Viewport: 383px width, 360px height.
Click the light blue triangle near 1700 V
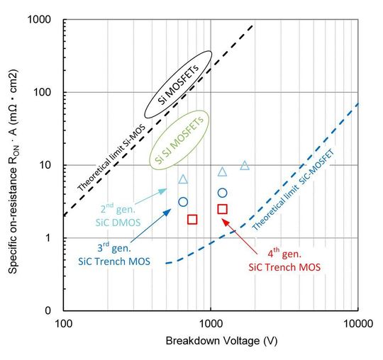[245, 166]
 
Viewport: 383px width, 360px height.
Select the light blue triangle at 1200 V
[222, 171]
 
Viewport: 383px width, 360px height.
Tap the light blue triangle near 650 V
[183, 179]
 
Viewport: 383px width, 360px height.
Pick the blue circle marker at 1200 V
[222, 193]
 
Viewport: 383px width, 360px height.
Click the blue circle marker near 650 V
[183, 202]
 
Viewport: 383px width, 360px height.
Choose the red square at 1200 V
[222, 209]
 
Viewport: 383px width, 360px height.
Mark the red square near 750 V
[192, 220]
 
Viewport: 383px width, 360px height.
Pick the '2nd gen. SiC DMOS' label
[118, 215]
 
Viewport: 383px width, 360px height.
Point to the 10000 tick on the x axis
[358, 323]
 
